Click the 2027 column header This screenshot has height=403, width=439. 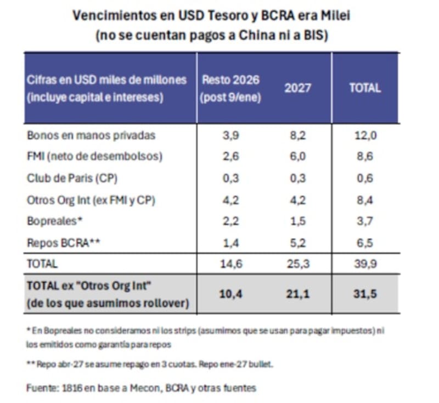297,88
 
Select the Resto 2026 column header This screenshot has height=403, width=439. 230,88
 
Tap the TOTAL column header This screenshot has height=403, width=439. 365,88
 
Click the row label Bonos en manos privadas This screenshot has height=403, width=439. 91,135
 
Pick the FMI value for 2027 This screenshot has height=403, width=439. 297,156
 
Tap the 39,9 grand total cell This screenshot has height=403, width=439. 365,264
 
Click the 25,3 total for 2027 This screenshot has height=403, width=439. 297,264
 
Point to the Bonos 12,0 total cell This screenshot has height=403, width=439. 365,135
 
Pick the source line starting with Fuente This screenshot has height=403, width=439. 141,388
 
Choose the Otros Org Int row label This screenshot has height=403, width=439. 91,200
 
